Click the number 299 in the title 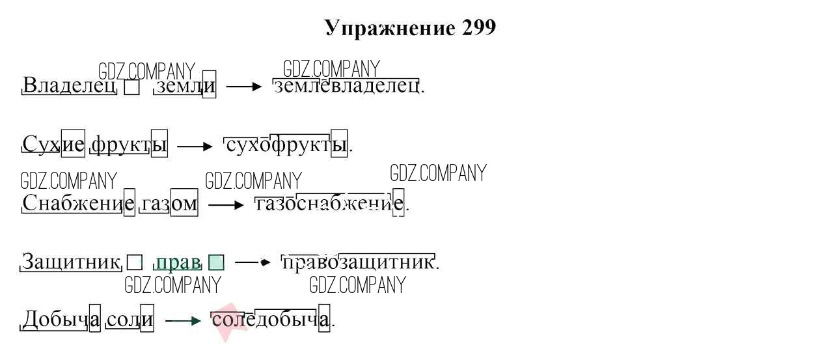click(x=478, y=27)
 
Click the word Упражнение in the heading click(x=390, y=29)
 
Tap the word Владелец click(x=70, y=85)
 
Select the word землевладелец click(x=346, y=86)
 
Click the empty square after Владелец click(x=131, y=87)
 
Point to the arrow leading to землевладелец click(x=244, y=87)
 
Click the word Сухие click(x=53, y=144)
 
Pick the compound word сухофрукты click(x=286, y=145)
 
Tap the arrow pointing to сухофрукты click(x=195, y=146)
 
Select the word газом click(x=169, y=204)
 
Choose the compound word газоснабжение click(x=329, y=204)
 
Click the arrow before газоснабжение click(x=226, y=205)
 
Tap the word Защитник click(x=70, y=261)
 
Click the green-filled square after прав click(x=216, y=262)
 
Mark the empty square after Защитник click(x=135, y=262)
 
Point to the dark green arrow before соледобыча click(x=184, y=321)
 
